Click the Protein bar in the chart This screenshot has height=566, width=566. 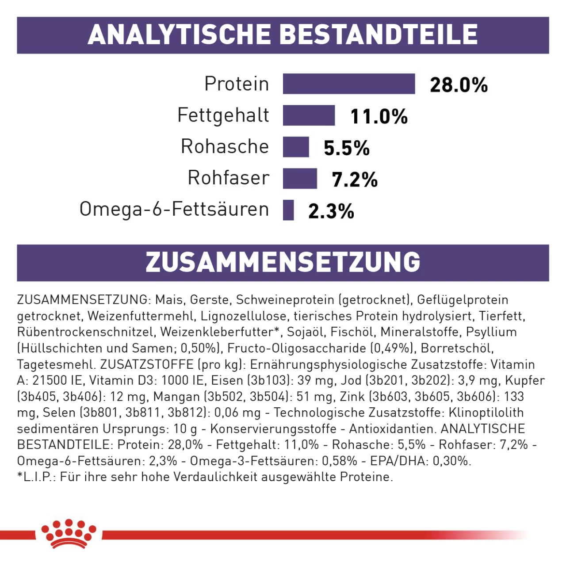(349, 84)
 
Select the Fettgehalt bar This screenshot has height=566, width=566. (309, 115)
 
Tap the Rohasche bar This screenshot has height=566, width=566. (296, 147)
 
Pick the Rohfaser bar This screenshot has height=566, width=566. (300, 178)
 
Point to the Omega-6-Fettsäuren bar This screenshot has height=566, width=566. (288, 210)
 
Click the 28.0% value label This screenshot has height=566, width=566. (459, 84)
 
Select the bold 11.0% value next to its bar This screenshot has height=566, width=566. (379, 116)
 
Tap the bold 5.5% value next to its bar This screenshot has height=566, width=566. (346, 148)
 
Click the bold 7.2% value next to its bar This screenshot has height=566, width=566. (355, 180)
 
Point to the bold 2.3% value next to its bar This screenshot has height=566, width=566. (331, 211)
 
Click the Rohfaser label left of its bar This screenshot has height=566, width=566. (228, 178)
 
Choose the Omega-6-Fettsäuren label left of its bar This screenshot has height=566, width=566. (174, 209)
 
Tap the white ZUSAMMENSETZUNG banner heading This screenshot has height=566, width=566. (283, 262)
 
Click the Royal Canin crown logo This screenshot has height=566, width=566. (69, 534)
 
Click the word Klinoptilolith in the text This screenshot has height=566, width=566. (486, 413)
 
